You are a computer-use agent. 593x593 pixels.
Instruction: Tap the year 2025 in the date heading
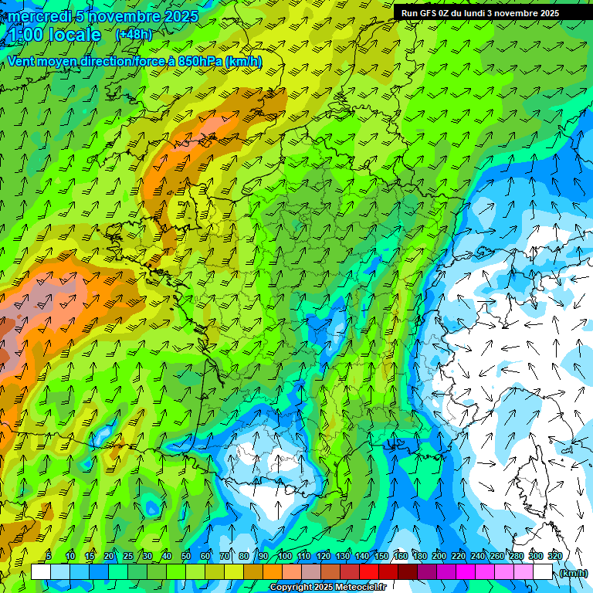[x=177, y=16]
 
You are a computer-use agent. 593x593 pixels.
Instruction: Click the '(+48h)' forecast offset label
[x=134, y=35]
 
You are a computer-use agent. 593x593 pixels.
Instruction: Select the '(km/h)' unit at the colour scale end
[x=573, y=573]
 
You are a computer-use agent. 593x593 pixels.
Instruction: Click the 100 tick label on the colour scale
[x=285, y=556]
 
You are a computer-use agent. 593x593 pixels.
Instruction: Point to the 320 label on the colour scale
[x=554, y=556]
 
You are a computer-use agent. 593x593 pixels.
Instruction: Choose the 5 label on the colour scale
[x=49, y=556]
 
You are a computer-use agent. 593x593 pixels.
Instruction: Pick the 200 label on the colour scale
[x=439, y=556]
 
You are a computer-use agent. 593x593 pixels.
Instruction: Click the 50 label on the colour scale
[x=186, y=556]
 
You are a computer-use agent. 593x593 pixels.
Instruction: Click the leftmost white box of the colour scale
[x=41, y=572]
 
